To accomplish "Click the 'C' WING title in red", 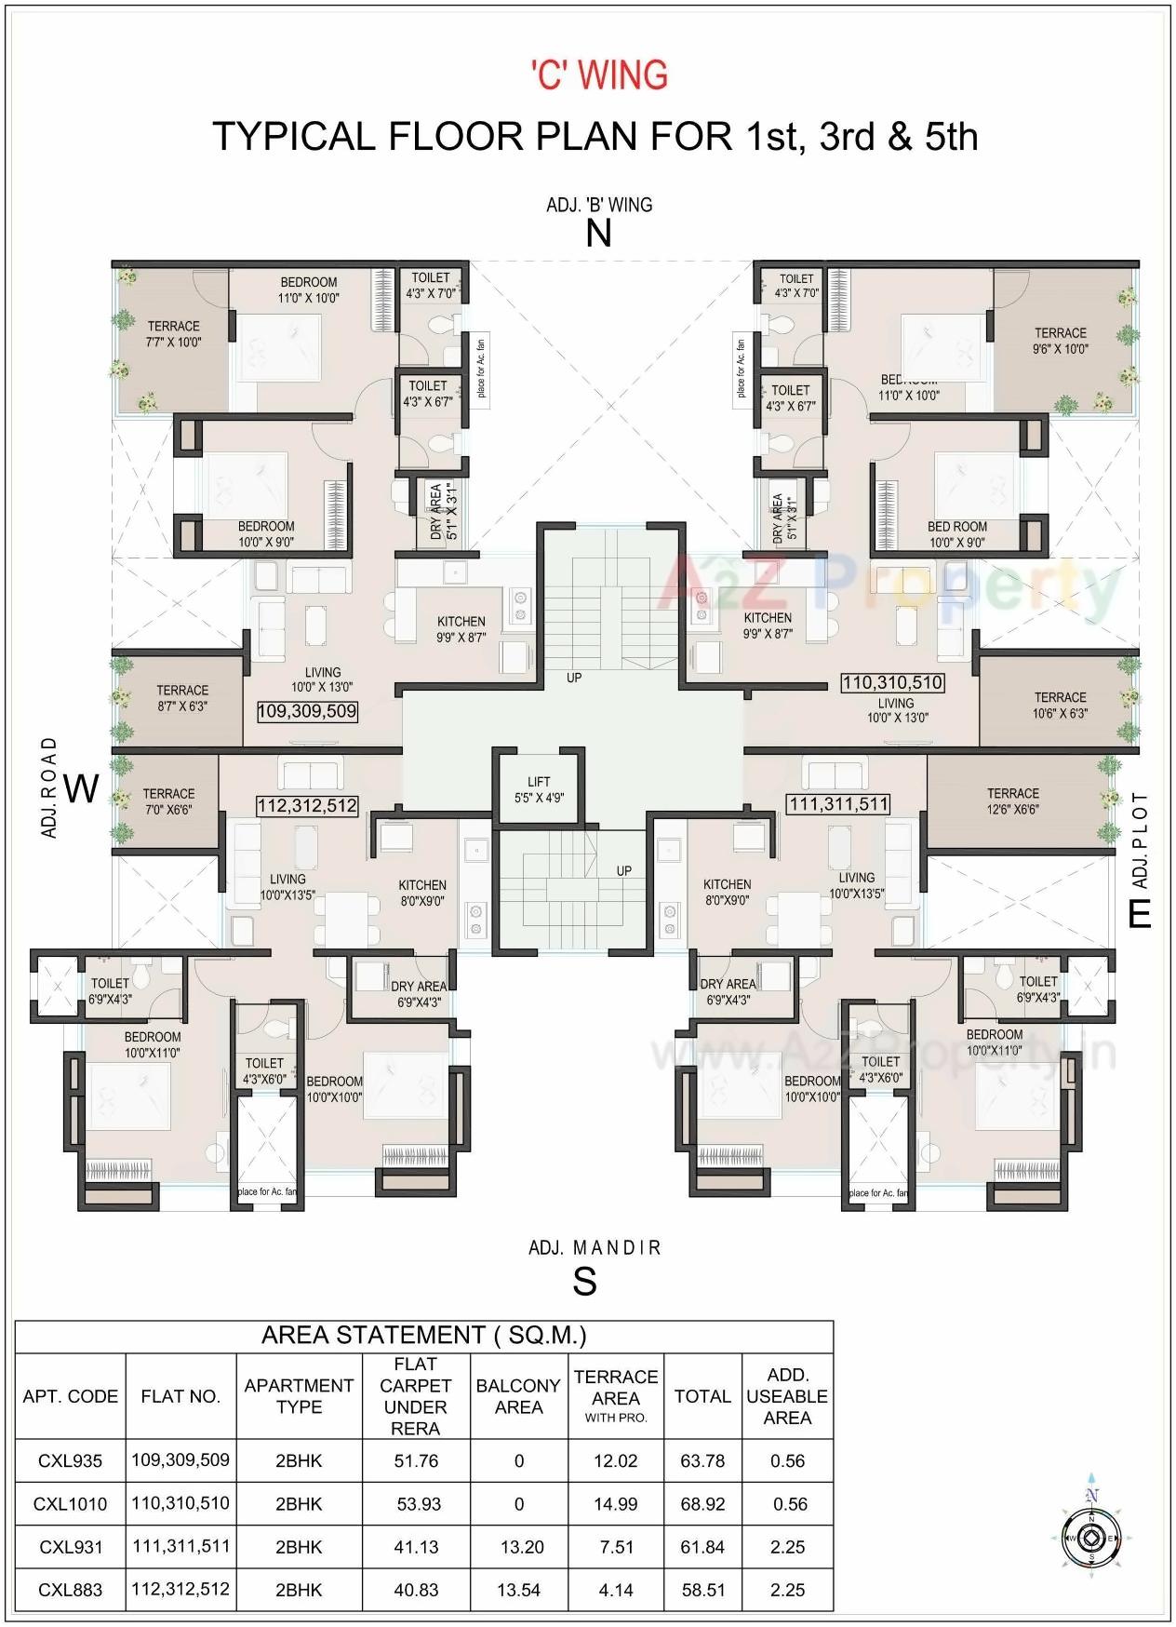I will coord(599,75).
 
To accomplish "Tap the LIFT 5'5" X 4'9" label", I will coord(539,789).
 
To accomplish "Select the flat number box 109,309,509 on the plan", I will coord(307,712).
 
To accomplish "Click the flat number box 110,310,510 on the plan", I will coord(892,682).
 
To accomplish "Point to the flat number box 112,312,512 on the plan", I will coord(307,806).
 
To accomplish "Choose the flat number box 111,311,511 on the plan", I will coord(838,804).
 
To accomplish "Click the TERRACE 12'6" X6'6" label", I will coord(1012,801).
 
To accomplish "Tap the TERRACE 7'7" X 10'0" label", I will coord(174,334).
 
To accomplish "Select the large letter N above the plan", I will coord(598,233).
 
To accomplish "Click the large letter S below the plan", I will coord(584,1283).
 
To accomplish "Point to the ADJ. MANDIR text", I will coord(595,1247).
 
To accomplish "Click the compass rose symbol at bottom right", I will coord(1091,1537).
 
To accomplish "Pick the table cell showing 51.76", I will coord(416,1461).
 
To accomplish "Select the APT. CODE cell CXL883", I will coord(71,1590).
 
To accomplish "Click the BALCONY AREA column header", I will coord(518,1396).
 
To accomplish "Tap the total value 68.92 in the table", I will coord(702,1504).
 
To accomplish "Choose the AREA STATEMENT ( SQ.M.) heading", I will coord(424,1336).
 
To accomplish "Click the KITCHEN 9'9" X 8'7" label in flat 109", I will coord(461,629).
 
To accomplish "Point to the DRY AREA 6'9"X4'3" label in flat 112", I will coord(419,994).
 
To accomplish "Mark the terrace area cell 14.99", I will coord(616,1504).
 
